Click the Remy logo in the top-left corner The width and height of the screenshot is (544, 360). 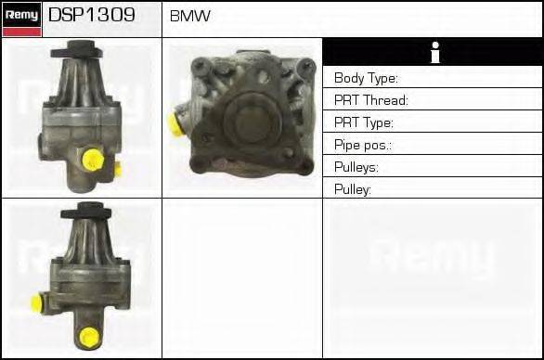[20, 14]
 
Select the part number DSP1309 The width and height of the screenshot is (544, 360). [91, 16]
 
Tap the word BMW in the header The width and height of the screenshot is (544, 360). [190, 17]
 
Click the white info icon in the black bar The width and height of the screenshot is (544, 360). [433, 53]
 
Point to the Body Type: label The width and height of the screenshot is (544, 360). [366, 78]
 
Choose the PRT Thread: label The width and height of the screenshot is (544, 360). [371, 100]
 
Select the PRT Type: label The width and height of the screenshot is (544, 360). [364, 122]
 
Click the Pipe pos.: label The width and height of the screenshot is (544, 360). [363, 145]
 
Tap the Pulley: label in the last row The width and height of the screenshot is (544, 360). [354, 189]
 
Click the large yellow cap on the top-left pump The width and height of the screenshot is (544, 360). [91, 161]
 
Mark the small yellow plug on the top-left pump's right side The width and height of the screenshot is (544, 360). [117, 168]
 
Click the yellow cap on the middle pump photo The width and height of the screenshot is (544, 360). [174, 123]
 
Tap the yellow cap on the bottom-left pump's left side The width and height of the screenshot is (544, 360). [37, 303]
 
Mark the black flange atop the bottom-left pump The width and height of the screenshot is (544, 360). [86, 212]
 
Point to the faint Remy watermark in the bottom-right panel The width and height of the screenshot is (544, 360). [433, 258]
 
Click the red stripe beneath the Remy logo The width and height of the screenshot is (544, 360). [20, 32]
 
